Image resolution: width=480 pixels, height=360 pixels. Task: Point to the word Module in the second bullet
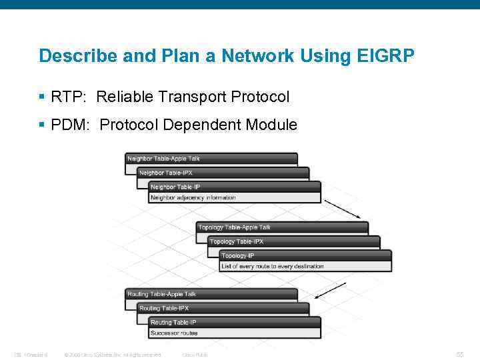coord(271,125)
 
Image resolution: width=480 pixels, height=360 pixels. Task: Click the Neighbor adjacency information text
coord(193,198)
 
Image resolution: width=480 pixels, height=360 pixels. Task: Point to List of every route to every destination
coord(272,267)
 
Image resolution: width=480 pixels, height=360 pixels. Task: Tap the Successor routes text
coord(174,333)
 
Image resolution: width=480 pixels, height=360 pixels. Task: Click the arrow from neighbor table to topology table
coord(343,209)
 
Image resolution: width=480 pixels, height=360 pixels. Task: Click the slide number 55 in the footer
coord(459,355)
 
